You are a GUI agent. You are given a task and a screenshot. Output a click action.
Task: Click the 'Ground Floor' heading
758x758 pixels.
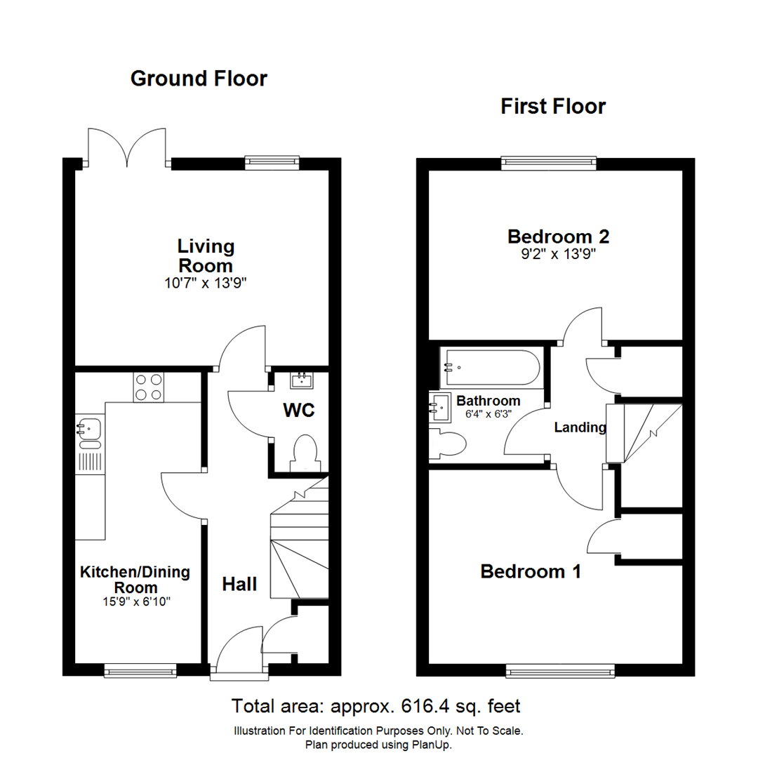click(199, 79)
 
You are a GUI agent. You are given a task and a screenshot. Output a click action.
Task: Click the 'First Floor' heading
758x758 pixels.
click(553, 107)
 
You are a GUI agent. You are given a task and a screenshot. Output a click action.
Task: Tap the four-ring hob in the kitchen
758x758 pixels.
click(148, 387)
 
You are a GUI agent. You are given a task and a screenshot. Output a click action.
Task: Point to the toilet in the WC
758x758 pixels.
click(306, 453)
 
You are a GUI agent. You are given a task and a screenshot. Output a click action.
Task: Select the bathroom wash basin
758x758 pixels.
click(441, 406)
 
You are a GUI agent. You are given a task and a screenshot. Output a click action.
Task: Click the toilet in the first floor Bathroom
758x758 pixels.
click(449, 445)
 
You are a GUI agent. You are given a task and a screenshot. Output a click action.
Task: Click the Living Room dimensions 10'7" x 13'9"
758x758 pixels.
click(205, 284)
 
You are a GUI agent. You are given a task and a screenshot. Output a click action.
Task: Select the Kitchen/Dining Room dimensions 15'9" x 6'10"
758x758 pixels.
click(135, 601)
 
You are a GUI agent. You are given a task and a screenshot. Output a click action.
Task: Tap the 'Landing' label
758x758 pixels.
click(580, 427)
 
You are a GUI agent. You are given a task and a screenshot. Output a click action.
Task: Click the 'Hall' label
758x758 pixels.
click(240, 584)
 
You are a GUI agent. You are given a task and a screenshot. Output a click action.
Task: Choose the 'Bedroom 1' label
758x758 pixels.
click(531, 572)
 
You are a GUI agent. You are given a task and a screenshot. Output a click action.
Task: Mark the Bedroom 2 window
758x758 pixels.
click(549, 164)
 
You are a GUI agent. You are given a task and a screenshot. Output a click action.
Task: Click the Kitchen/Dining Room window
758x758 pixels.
click(140, 672)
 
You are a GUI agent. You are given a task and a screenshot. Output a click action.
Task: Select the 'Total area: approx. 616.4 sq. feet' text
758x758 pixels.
click(376, 705)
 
